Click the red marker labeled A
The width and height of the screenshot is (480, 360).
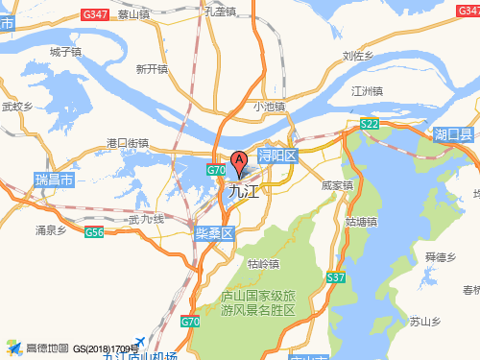[x=238, y=162]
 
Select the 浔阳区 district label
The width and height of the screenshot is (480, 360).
[x=278, y=155]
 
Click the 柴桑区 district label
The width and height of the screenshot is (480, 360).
[x=215, y=233]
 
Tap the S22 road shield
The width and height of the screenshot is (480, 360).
[x=370, y=125]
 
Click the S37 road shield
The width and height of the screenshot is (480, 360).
[x=335, y=277]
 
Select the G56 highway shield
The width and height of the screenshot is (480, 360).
[x=94, y=233]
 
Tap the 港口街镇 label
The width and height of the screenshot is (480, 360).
[x=128, y=143]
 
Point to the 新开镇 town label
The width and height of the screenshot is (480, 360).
[x=152, y=68]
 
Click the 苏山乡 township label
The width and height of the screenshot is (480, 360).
[x=423, y=321]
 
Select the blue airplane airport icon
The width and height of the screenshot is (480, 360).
[x=140, y=343]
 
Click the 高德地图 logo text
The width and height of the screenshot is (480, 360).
[x=46, y=348]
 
